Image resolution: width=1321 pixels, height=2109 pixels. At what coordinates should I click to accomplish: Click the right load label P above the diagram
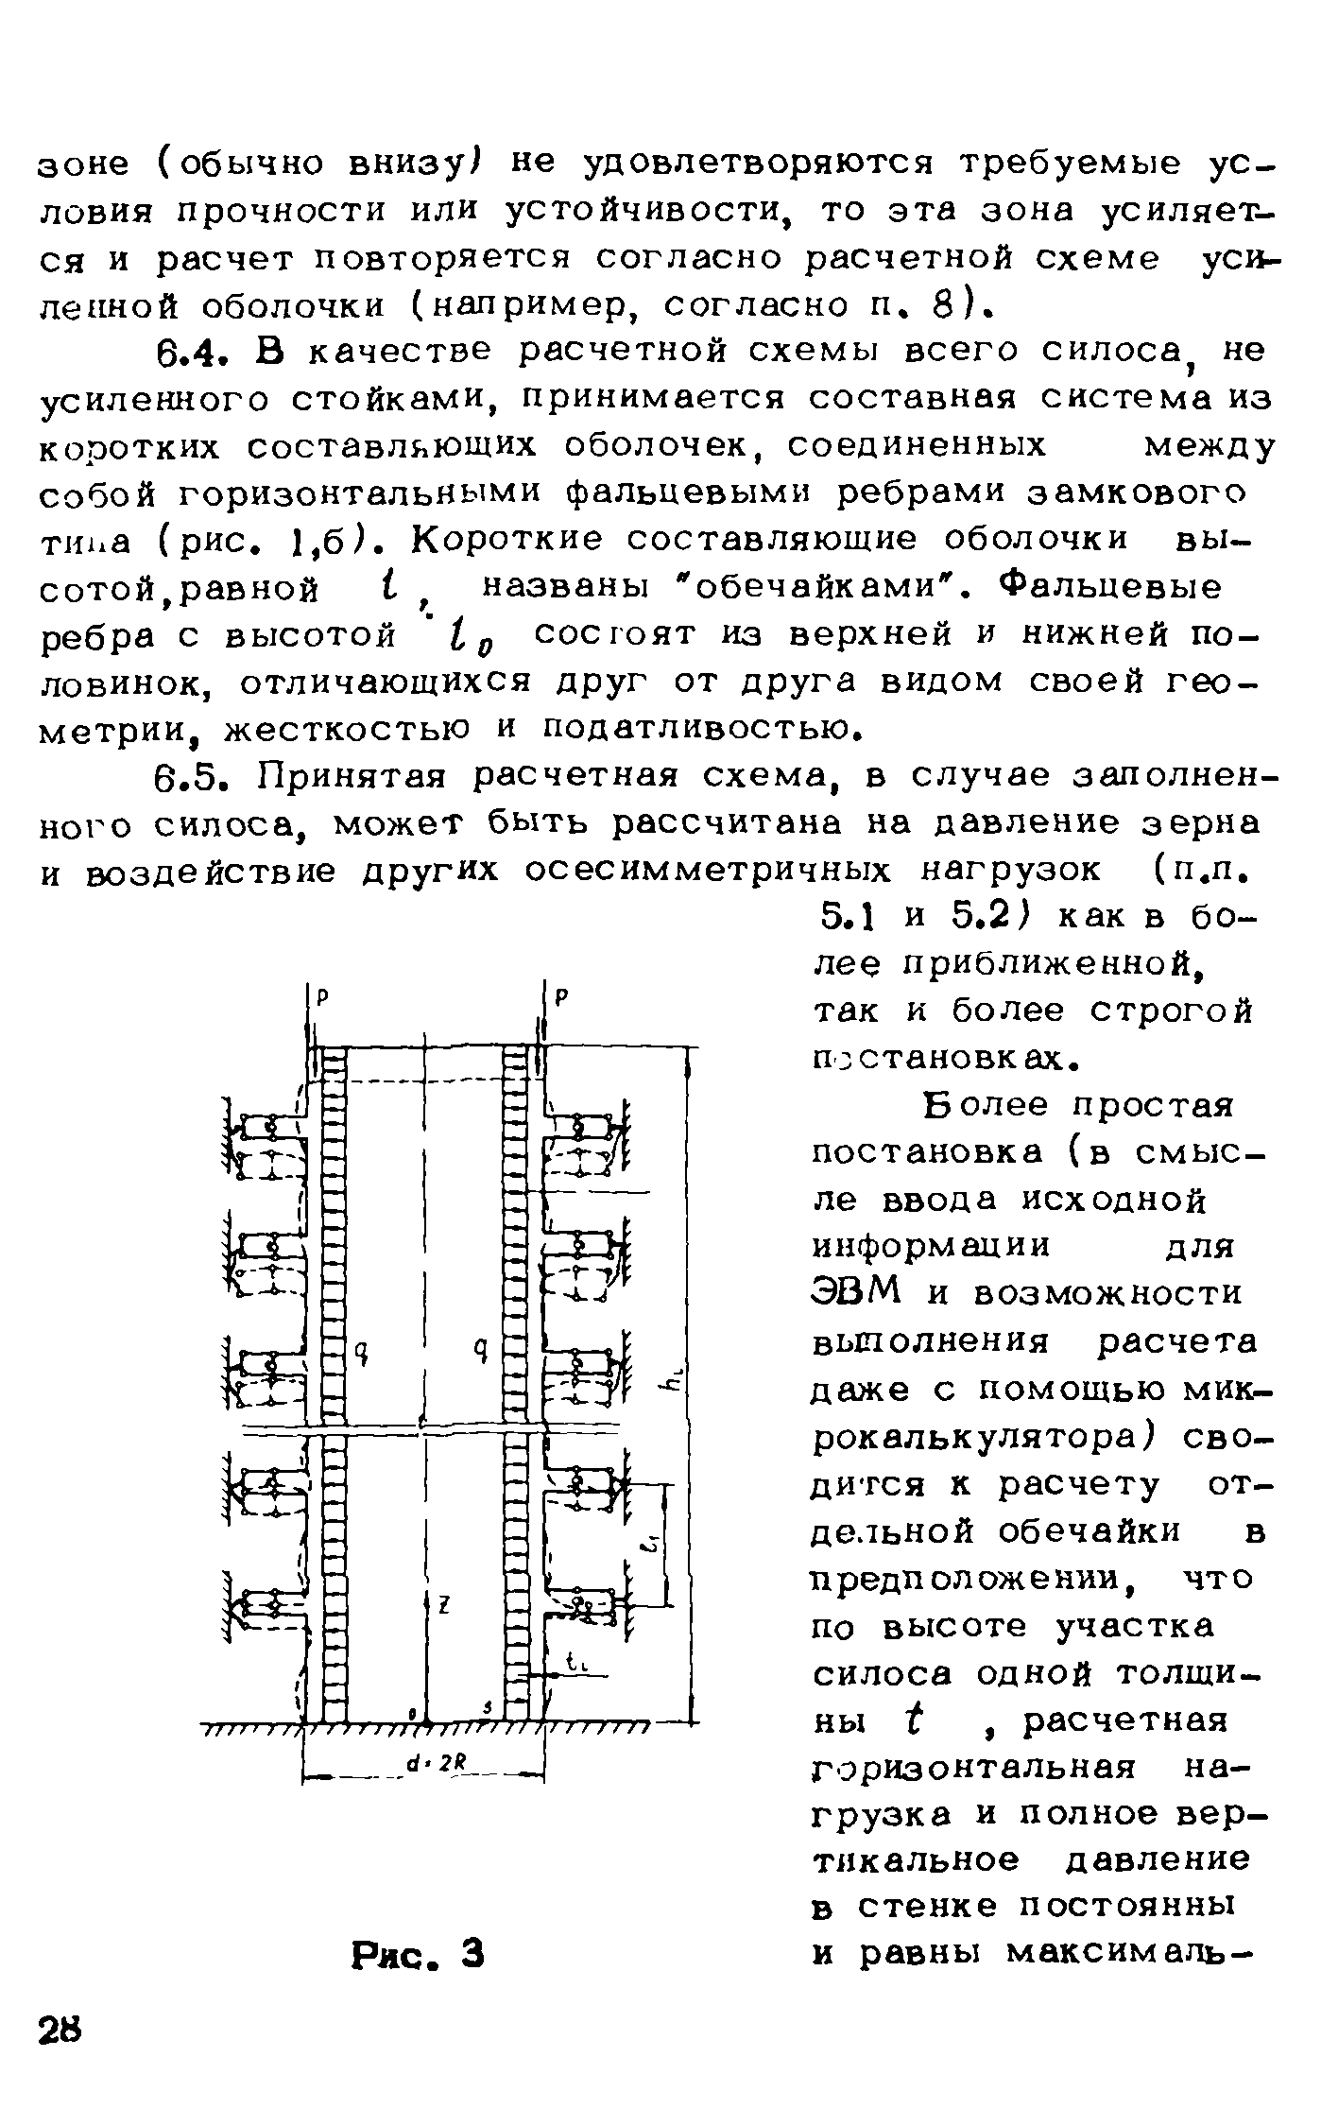(560, 998)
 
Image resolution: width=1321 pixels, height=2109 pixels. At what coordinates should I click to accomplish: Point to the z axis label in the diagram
(441, 1603)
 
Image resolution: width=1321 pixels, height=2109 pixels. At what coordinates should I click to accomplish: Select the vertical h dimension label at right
(674, 1382)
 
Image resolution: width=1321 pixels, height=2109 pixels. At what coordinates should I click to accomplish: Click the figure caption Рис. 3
(417, 1954)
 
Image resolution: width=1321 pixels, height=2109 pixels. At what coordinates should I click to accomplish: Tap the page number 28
(62, 2029)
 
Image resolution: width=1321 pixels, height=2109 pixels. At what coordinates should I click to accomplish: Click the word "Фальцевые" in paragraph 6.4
(1116, 589)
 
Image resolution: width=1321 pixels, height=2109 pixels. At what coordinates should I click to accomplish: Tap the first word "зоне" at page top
(82, 164)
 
